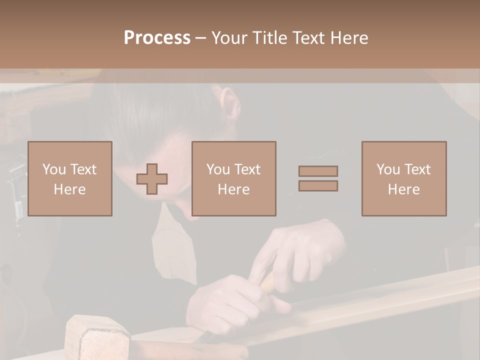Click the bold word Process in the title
tap(157, 38)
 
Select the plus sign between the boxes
tap(152, 178)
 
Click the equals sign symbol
tap(318, 178)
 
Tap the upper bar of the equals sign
tap(318, 171)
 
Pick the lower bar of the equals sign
tap(318, 186)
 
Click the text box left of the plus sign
tap(70, 178)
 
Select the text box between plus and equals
tap(234, 178)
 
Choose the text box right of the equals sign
tap(404, 178)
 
